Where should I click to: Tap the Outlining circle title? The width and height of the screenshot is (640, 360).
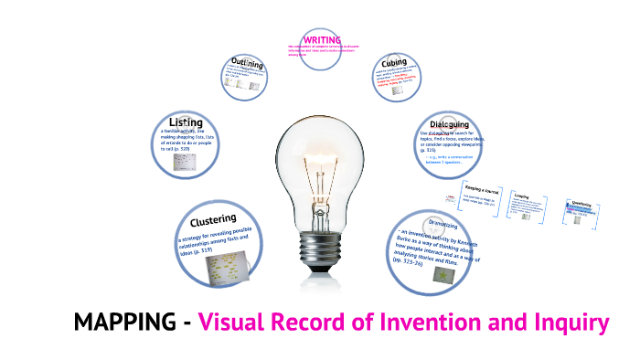point(247,64)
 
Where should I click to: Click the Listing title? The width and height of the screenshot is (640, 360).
point(186,122)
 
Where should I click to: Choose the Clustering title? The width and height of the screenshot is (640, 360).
point(213,220)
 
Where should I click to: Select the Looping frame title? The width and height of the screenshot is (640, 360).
point(522,196)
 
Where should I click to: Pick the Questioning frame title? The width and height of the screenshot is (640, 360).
point(581,205)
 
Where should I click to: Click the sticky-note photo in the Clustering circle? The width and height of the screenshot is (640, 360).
point(227,268)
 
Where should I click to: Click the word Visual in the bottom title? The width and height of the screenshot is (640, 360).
point(237,323)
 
